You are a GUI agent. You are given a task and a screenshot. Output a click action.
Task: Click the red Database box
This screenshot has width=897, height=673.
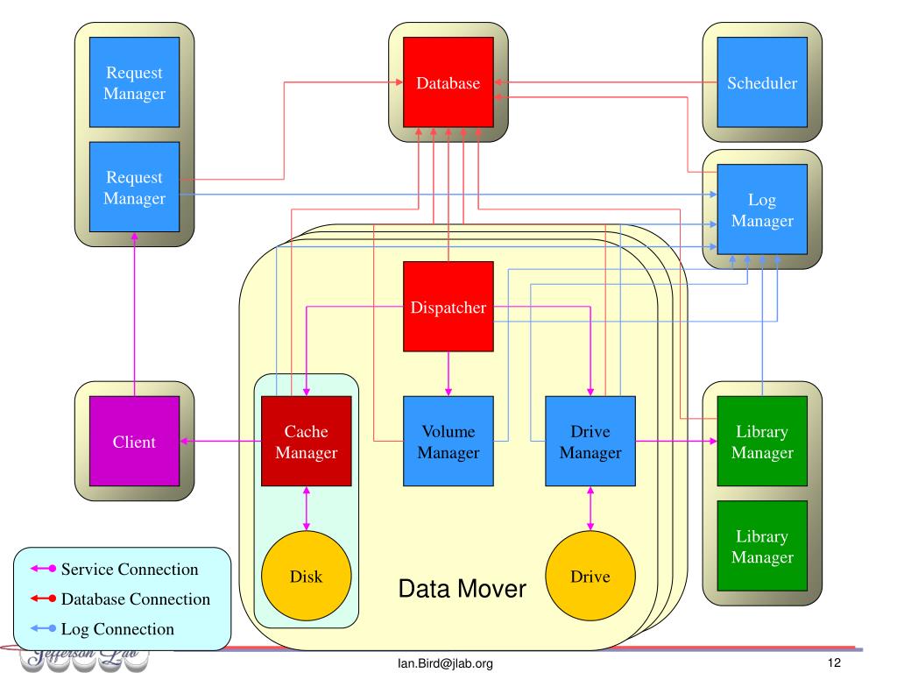coord(448,83)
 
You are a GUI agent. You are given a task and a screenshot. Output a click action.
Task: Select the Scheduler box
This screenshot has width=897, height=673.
coord(762,83)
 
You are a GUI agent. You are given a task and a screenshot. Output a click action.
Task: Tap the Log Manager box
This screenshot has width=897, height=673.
coord(762,210)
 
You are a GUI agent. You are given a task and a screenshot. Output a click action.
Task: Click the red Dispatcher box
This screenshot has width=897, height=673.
coord(448,307)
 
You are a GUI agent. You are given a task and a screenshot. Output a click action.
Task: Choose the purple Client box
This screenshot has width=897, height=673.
coord(134,441)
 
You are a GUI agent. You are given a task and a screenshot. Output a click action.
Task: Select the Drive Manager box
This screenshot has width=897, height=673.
coord(590,441)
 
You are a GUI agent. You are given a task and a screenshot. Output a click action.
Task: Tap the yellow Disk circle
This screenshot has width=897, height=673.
coord(306,576)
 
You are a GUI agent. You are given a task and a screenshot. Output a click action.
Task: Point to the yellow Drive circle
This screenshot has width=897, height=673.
coord(590,576)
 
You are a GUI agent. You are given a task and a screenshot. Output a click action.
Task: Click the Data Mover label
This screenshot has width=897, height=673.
coord(462,588)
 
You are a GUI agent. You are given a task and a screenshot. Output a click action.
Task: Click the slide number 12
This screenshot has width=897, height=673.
coord(834,663)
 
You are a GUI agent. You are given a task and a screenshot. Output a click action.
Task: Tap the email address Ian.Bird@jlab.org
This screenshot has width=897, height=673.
coord(445,663)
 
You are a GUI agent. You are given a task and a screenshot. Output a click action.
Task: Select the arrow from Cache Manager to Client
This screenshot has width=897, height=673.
coord(222,441)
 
